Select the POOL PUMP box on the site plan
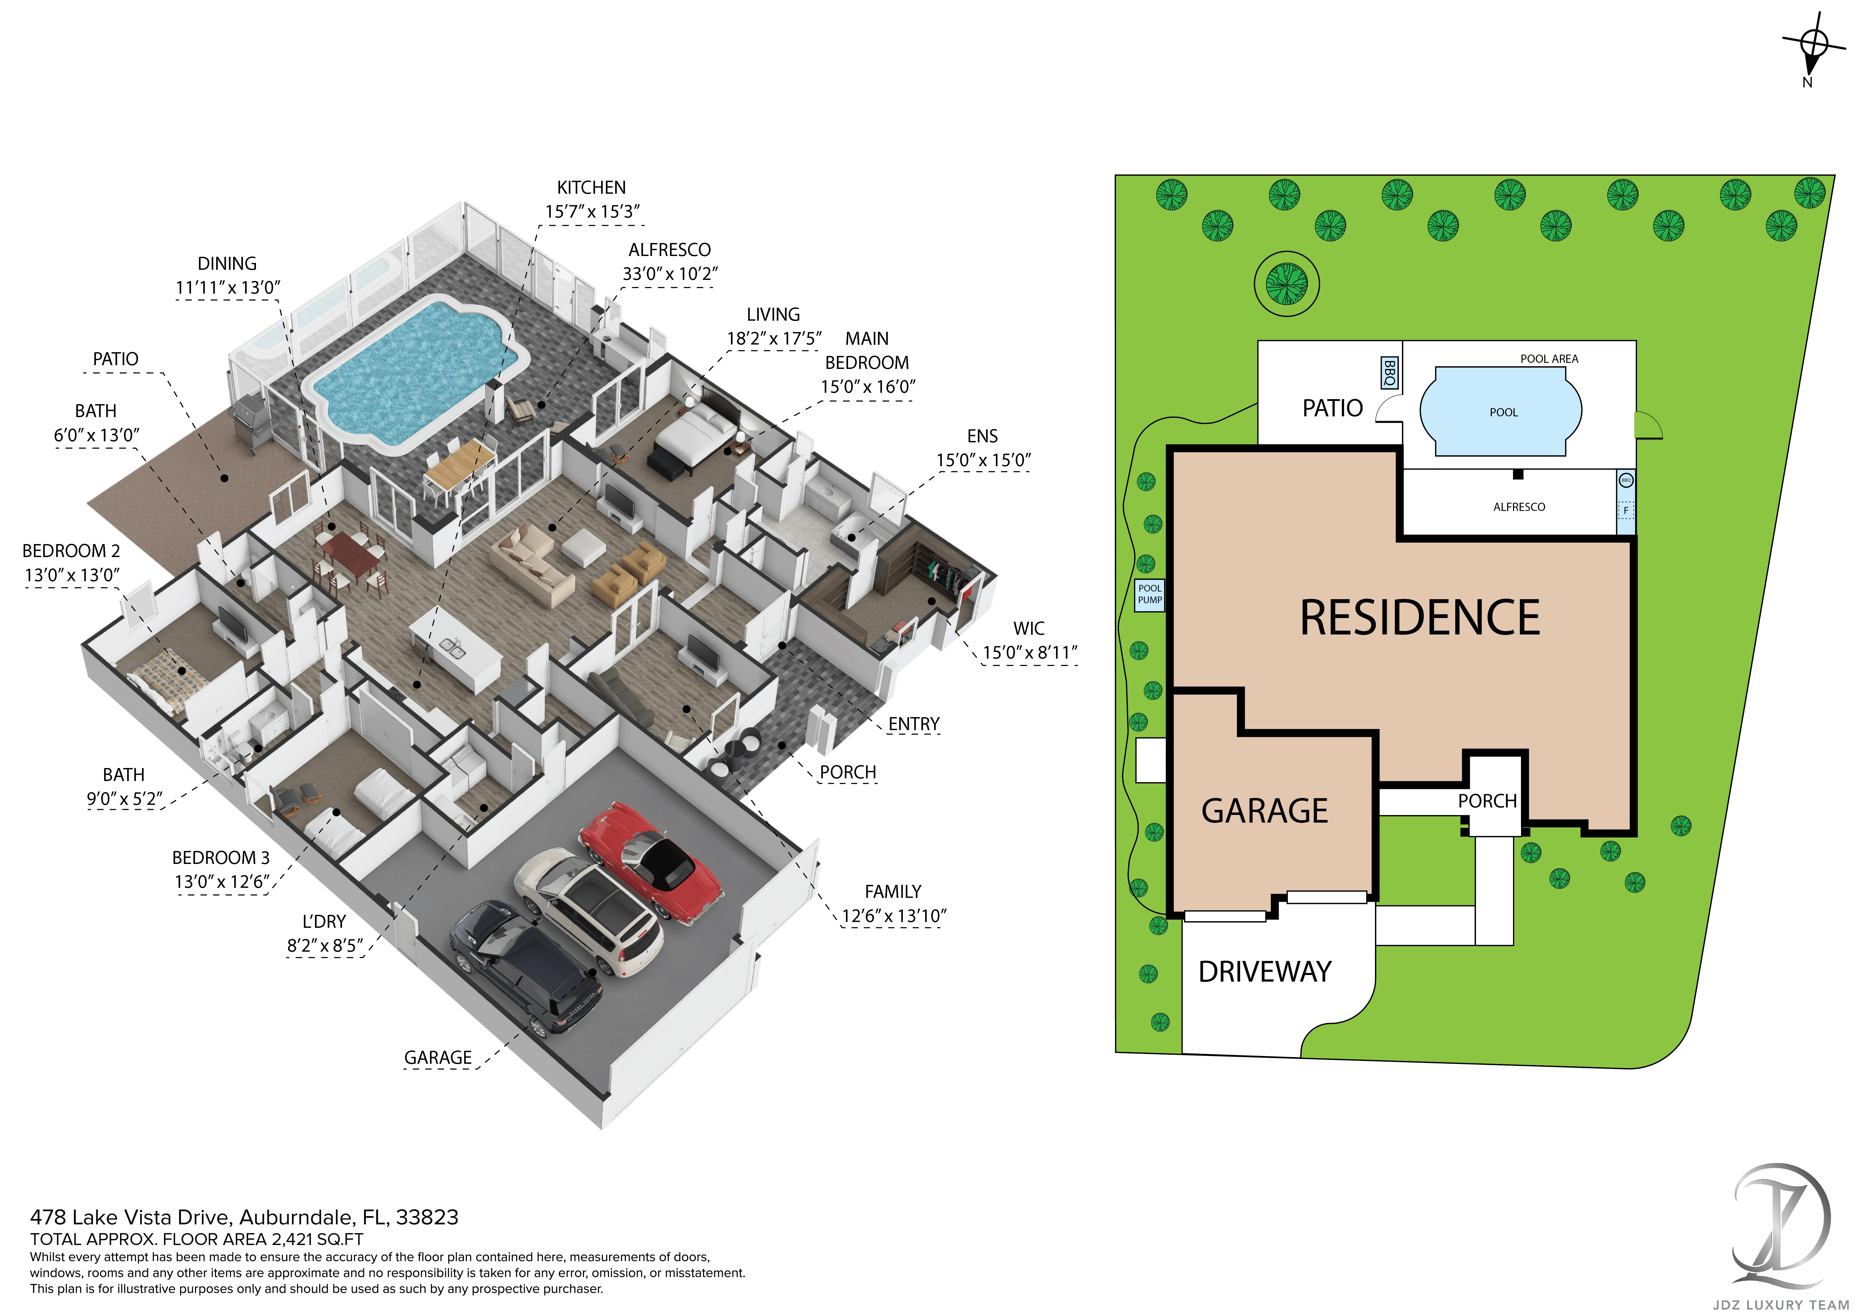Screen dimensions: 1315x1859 1149,594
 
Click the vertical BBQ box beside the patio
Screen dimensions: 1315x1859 1389,373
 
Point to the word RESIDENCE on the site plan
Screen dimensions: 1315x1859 1419,618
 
